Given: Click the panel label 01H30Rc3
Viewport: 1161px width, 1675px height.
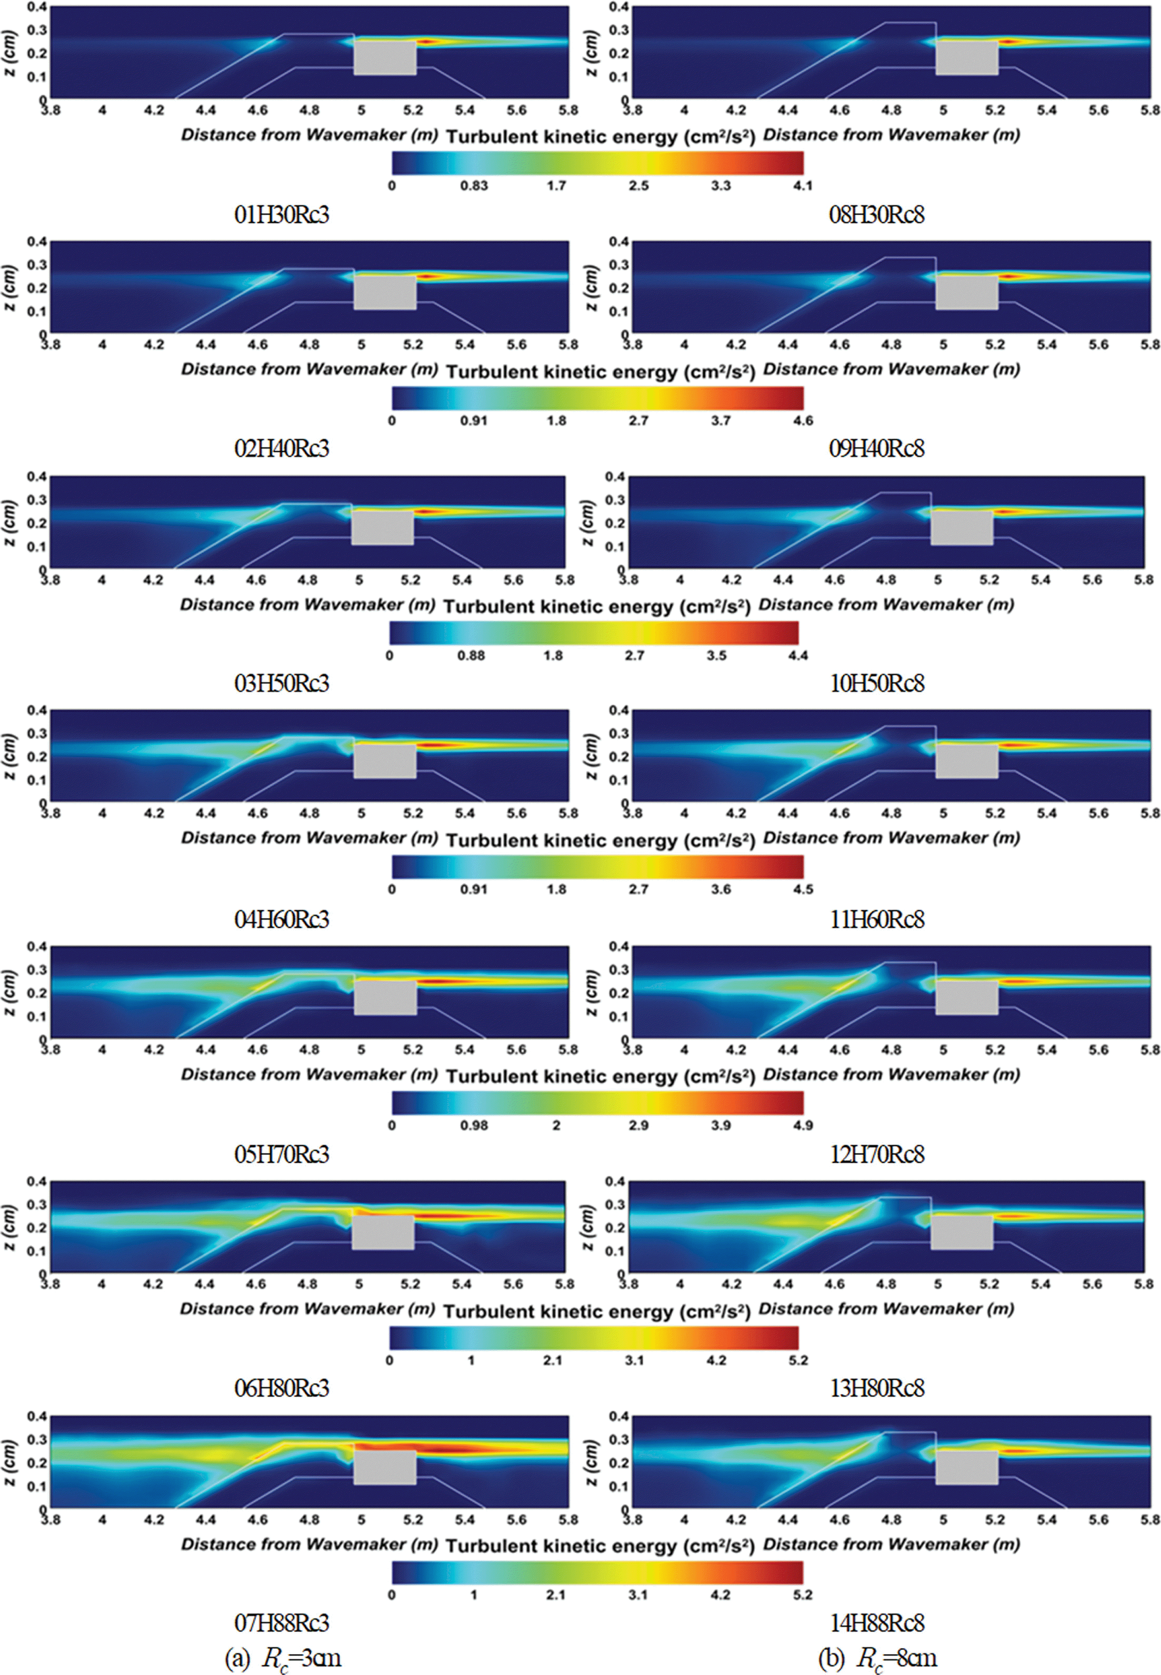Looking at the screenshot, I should coord(281,215).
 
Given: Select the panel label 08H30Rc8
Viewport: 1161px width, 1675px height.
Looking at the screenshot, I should coord(877,215).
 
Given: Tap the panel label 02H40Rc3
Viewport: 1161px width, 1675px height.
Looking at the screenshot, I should coord(281,448).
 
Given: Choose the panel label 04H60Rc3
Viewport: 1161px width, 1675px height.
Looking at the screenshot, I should coord(281,919).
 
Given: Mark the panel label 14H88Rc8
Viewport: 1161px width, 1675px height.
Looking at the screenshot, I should coord(877,1623).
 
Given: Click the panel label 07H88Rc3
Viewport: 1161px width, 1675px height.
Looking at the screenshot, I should coord(281,1623).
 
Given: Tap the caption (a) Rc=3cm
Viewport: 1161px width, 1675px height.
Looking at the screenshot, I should coord(283,1657).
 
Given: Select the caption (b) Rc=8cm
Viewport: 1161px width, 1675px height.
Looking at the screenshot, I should coord(877,1657).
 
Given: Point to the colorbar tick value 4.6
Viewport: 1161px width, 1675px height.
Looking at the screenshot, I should coord(803,421).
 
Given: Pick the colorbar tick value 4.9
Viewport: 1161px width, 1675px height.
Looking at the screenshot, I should coord(803,1125).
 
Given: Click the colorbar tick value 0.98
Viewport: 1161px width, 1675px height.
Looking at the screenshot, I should coord(473,1125).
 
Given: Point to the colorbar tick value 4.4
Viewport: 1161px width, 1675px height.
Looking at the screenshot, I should coord(798,655).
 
